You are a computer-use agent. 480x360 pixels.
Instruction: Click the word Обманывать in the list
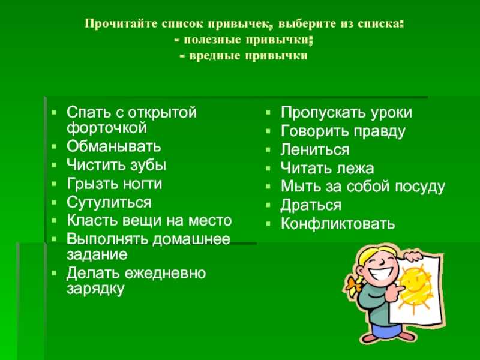113,146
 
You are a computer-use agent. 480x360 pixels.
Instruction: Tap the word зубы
148,166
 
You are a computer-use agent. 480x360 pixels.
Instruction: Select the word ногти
142,184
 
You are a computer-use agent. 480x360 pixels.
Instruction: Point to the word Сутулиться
109,202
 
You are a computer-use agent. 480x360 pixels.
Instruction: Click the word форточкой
107,128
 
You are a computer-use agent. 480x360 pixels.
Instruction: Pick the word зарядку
95,289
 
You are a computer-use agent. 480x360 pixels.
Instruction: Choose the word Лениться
315,149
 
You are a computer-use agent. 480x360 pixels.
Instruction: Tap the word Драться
310,205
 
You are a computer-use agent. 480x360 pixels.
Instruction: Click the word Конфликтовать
338,223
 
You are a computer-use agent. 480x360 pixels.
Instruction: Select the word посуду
419,187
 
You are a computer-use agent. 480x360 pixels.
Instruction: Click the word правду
379,131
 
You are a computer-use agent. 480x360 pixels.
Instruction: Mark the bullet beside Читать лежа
268,168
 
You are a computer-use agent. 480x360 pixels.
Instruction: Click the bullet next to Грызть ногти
54,184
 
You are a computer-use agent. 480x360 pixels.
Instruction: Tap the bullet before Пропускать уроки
268,112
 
